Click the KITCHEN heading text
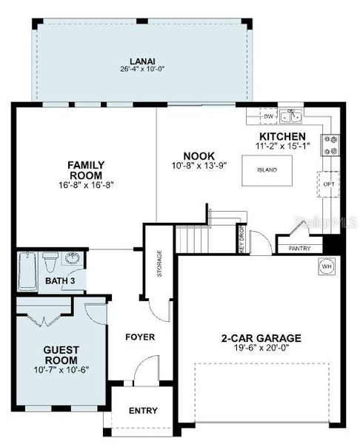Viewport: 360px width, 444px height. tap(281, 138)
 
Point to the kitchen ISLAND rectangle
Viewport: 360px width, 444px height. tap(267, 169)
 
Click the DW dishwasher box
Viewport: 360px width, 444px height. tap(269, 117)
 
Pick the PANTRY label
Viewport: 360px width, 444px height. tap(300, 249)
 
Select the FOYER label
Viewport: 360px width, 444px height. tap(139, 337)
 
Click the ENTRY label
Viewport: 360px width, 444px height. tap(142, 411)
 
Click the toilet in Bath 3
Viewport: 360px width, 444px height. tap(50, 261)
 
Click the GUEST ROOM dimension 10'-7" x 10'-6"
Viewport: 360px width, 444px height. tap(61, 370)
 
